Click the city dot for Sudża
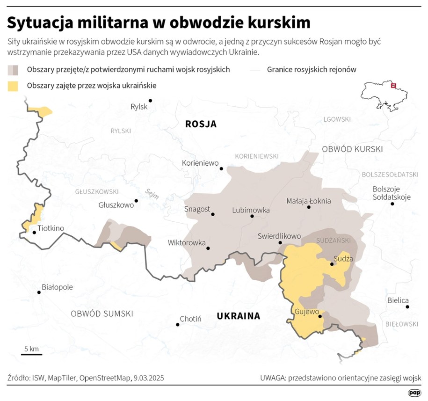tap(332, 264)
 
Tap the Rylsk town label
tap(139, 107)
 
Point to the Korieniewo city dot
tap(222, 168)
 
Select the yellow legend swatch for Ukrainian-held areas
tap(13, 86)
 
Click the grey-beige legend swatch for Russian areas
tap(13, 70)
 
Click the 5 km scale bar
tap(31, 354)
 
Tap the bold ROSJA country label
tap(201, 124)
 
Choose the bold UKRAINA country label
tap(238, 316)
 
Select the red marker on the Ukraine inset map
tap(393, 85)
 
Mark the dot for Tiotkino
tap(34, 232)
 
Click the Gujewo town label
tap(307, 312)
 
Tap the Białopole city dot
tap(39, 292)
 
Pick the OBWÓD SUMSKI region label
tap(102, 314)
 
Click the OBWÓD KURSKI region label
tap(352, 149)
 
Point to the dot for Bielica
tap(407, 307)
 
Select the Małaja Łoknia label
tap(309, 201)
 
